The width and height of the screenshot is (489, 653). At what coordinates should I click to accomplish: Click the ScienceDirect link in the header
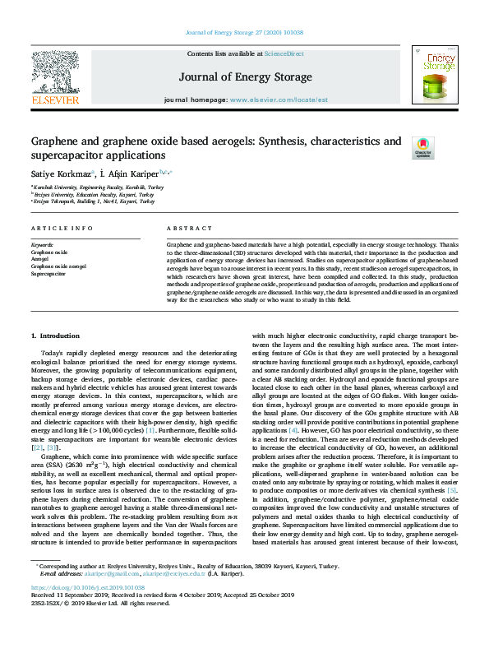pyautogui.click(x=284, y=53)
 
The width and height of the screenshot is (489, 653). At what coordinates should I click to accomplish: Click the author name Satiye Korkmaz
pyautogui.click(x=61, y=174)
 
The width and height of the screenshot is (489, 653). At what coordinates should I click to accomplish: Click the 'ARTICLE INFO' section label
pyautogui.click(x=62, y=227)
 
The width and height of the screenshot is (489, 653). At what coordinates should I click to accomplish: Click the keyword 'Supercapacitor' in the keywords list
pyautogui.click(x=48, y=274)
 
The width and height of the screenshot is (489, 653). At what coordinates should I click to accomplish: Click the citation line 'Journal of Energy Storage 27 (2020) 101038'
pyautogui.click(x=244, y=32)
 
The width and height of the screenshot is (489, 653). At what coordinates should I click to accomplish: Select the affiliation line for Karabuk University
pyautogui.click(x=92, y=188)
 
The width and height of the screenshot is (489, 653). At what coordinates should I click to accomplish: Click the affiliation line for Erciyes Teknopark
pyautogui.click(x=94, y=201)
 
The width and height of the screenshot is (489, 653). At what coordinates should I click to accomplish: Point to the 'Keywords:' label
pyautogui.click(x=42, y=245)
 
